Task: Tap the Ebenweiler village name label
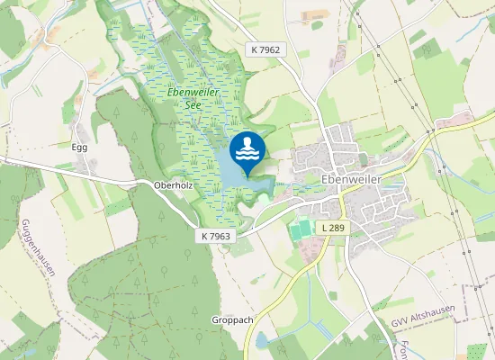(351, 179)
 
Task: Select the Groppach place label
(231, 319)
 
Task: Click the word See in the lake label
(191, 104)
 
